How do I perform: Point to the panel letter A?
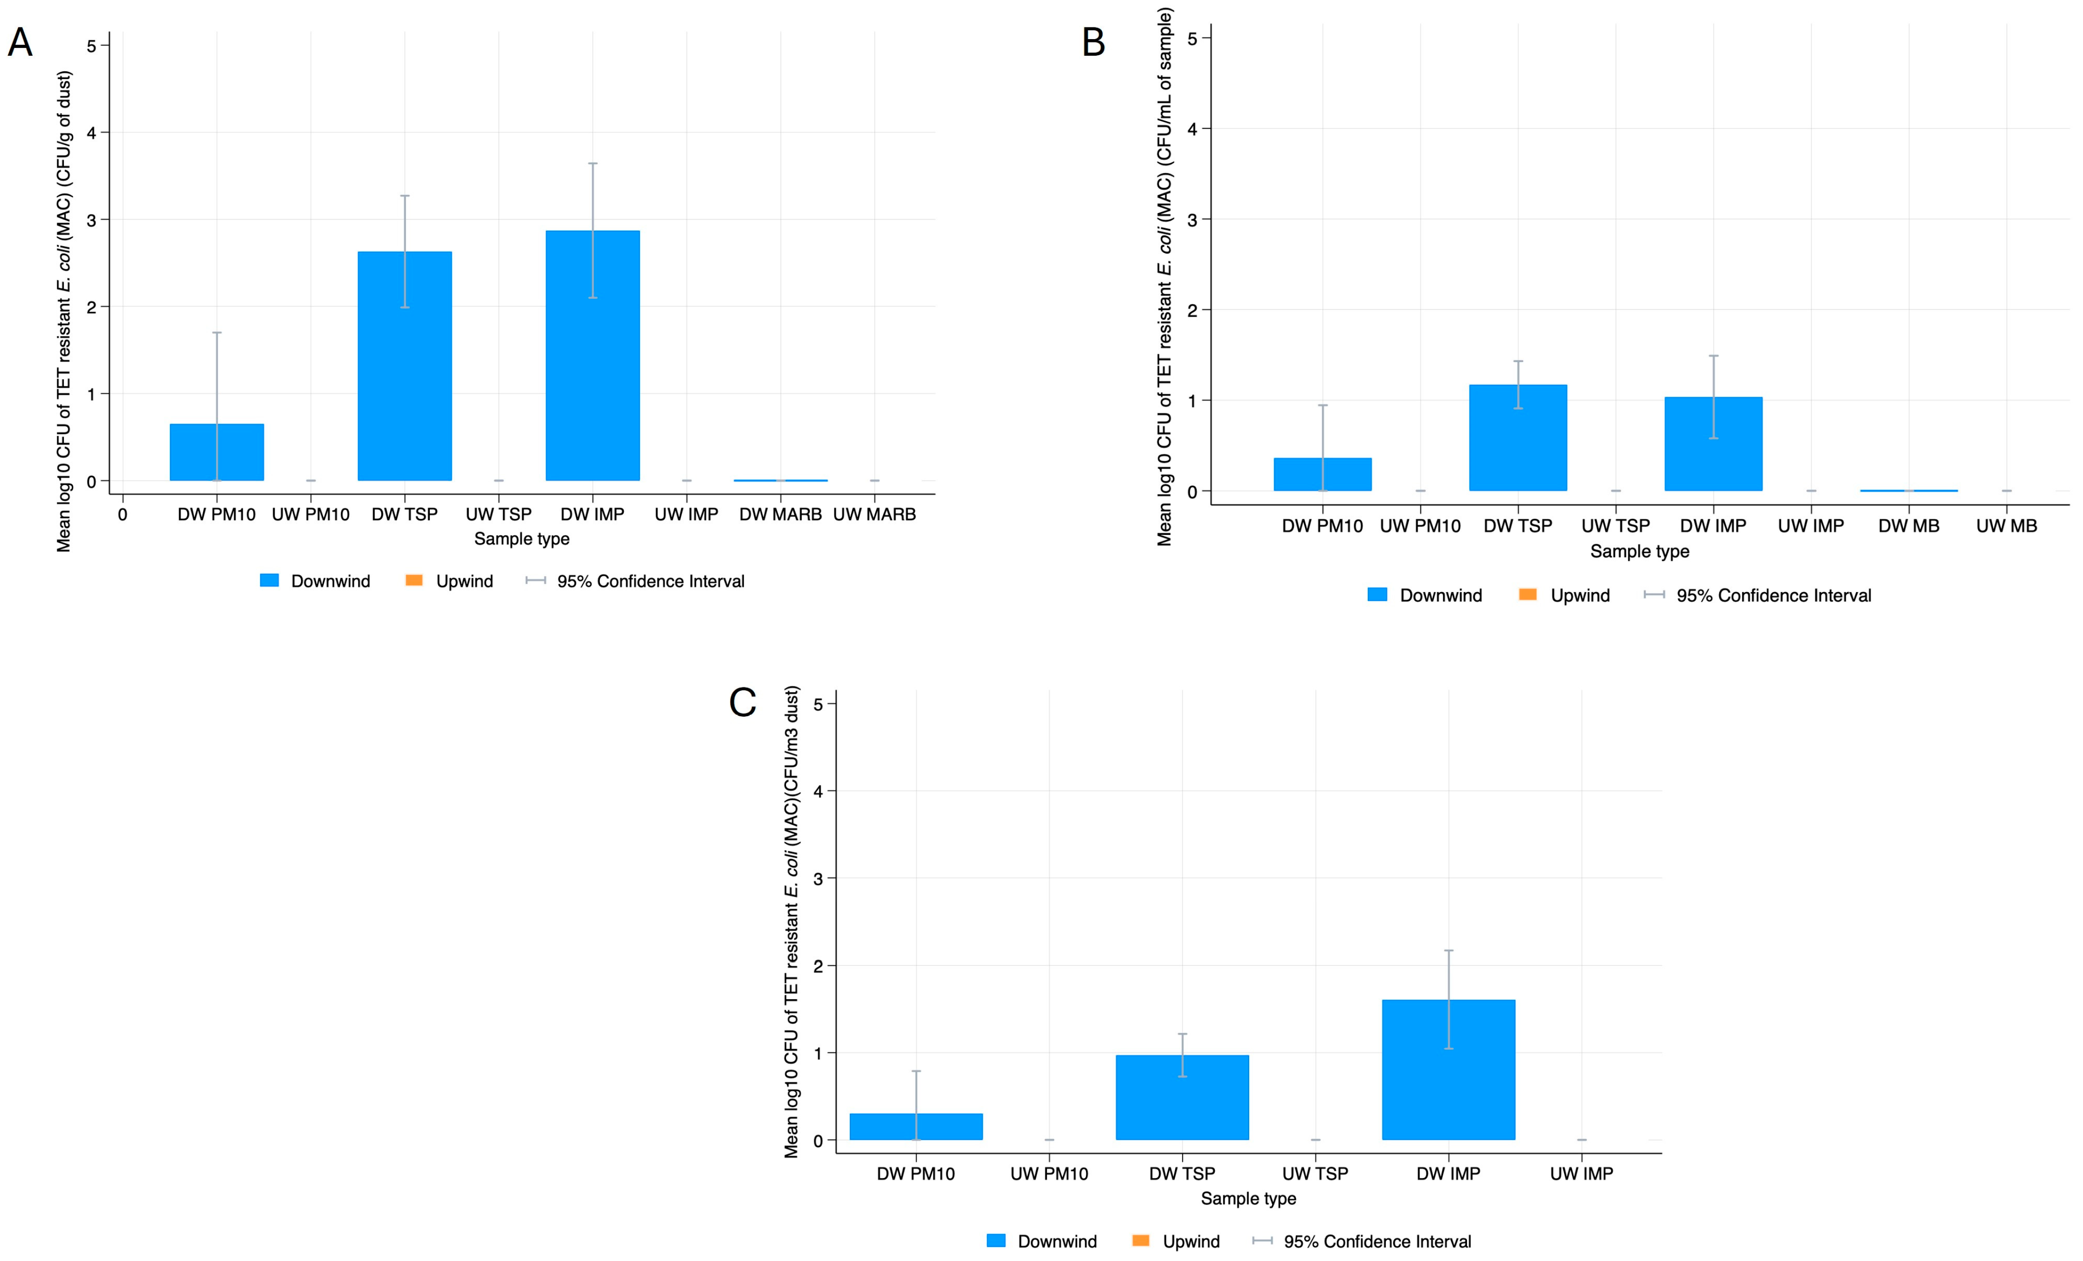[x=21, y=43]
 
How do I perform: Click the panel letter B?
[x=1093, y=43]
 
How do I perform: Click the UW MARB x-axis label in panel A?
[x=874, y=514]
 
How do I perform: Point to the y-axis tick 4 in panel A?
[x=91, y=133]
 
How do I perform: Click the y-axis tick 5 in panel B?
[x=1192, y=39]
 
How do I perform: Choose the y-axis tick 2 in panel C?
[x=817, y=966]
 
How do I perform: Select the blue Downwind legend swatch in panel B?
[x=1377, y=595]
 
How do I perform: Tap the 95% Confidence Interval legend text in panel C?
[x=1377, y=1241]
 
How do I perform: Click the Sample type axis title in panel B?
[x=1639, y=552]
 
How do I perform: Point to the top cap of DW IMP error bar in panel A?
[x=593, y=163]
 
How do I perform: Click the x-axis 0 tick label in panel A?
[x=123, y=514]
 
